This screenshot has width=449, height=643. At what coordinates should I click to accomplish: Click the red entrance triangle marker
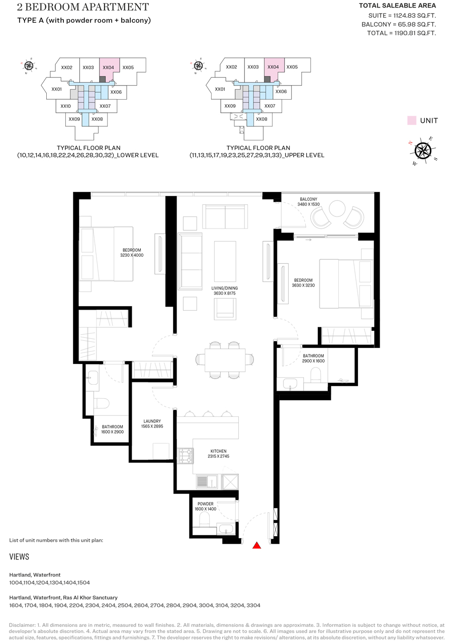pyautogui.click(x=256, y=545)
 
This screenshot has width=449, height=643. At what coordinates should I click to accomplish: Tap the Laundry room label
pyautogui.click(x=152, y=421)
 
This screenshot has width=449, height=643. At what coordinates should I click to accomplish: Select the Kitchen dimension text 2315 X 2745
pyautogui.click(x=219, y=456)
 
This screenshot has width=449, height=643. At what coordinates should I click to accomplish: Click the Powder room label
pyautogui.click(x=205, y=504)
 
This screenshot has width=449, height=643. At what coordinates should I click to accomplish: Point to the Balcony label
pyautogui.click(x=309, y=199)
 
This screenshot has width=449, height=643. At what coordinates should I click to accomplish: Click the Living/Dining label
pyautogui.click(x=224, y=288)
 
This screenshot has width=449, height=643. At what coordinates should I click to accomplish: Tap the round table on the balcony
pyautogui.click(x=337, y=208)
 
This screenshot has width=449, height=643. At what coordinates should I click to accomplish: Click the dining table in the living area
pyautogui.click(x=225, y=360)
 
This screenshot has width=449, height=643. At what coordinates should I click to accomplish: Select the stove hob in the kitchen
pyautogui.click(x=186, y=456)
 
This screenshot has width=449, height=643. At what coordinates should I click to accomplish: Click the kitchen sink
pyautogui.click(x=207, y=481)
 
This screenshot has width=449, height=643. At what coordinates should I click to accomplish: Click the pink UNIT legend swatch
pyautogui.click(x=411, y=120)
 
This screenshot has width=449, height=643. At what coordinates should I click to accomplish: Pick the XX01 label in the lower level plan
pyautogui.click(x=56, y=89)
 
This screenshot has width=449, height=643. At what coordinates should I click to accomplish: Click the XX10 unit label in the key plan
pyautogui.click(x=65, y=106)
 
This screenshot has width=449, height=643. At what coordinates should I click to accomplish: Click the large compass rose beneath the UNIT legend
pyautogui.click(x=423, y=151)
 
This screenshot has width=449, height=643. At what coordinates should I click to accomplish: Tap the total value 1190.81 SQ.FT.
pyautogui.click(x=415, y=33)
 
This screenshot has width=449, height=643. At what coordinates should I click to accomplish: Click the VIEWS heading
pyautogui.click(x=19, y=556)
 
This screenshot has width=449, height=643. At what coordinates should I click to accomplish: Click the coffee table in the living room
pyautogui.click(x=225, y=261)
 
